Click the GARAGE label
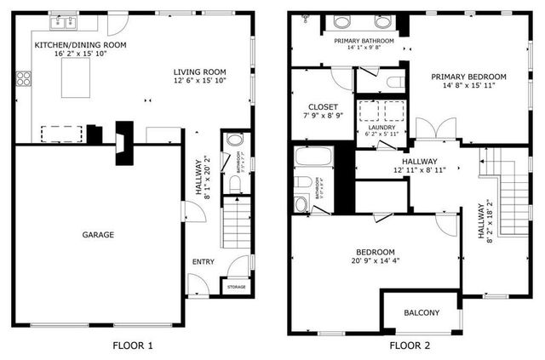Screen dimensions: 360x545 [x=98, y=235]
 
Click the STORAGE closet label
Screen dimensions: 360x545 [x=237, y=287]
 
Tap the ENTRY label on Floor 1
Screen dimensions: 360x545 [x=203, y=262]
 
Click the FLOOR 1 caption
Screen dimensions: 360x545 [x=133, y=346]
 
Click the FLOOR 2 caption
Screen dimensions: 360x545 [x=409, y=346]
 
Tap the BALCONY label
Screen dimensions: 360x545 [x=422, y=313]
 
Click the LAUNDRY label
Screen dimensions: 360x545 [x=381, y=128]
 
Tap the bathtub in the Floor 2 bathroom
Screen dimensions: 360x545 [x=313, y=157]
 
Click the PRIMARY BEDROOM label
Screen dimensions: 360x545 [x=468, y=77]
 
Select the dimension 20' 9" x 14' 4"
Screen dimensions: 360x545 [x=375, y=262]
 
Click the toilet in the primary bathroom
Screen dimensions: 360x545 [x=393, y=83]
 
